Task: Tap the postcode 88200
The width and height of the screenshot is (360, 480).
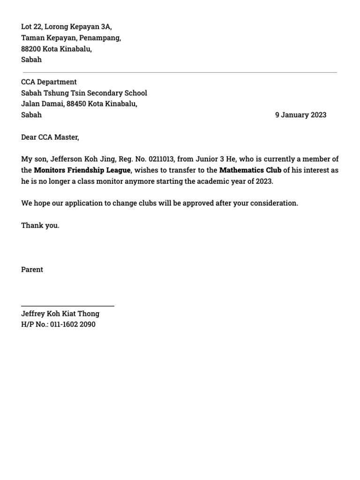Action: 31,49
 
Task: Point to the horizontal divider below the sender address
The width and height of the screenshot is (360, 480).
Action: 180,73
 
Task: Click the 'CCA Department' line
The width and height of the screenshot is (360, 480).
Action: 49,82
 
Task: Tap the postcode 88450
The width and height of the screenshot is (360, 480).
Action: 76,104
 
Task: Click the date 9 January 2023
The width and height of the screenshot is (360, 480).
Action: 300,115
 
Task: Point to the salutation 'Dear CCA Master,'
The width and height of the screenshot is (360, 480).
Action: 50,137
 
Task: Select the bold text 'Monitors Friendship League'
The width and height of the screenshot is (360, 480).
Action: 82,170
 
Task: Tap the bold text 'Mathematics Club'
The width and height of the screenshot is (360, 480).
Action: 250,170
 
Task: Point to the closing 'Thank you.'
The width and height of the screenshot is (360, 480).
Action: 40,225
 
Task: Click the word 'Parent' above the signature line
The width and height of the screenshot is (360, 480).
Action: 32,270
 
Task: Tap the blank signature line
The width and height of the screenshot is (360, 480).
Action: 67,306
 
